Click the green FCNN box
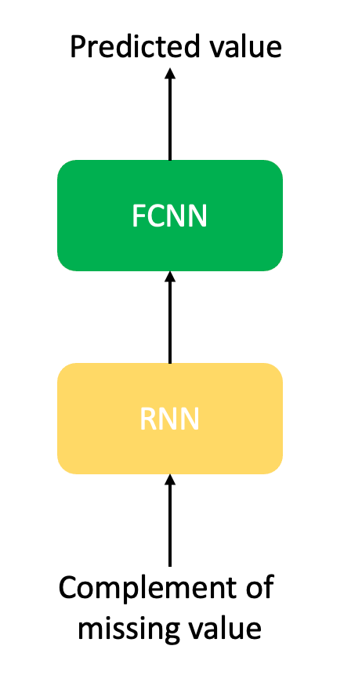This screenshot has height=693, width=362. (x=170, y=216)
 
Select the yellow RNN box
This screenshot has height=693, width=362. (x=170, y=419)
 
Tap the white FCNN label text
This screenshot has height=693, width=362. (x=170, y=216)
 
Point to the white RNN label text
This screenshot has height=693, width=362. (x=170, y=419)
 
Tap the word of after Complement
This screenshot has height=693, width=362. (x=259, y=587)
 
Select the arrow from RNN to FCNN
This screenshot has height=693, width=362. (x=170, y=317)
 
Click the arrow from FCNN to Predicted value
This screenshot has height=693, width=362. (x=170, y=114)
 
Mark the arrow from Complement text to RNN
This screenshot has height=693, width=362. (x=170, y=521)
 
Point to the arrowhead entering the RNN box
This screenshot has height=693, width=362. (x=170, y=479)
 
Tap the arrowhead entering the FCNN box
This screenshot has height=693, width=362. (x=170, y=276)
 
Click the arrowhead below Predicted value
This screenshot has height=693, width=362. (x=170, y=73)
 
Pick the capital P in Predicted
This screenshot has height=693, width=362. (x=78, y=47)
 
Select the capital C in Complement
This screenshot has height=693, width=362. (x=67, y=588)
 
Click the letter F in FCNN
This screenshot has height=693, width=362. (x=138, y=216)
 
